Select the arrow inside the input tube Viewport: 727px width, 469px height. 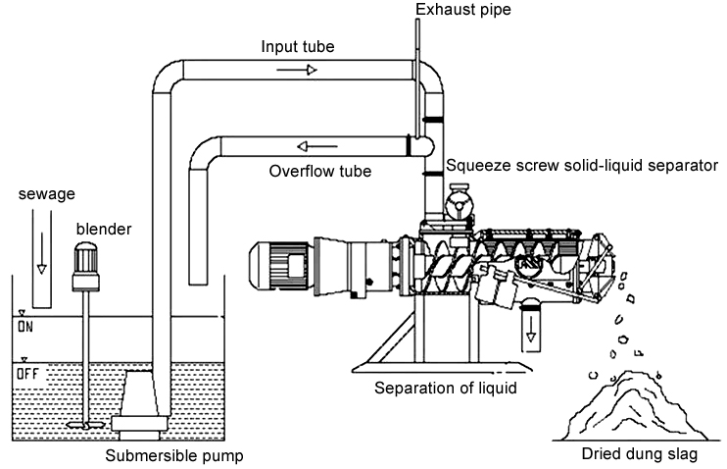(x=304, y=71)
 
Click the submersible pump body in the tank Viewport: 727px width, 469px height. (x=139, y=402)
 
